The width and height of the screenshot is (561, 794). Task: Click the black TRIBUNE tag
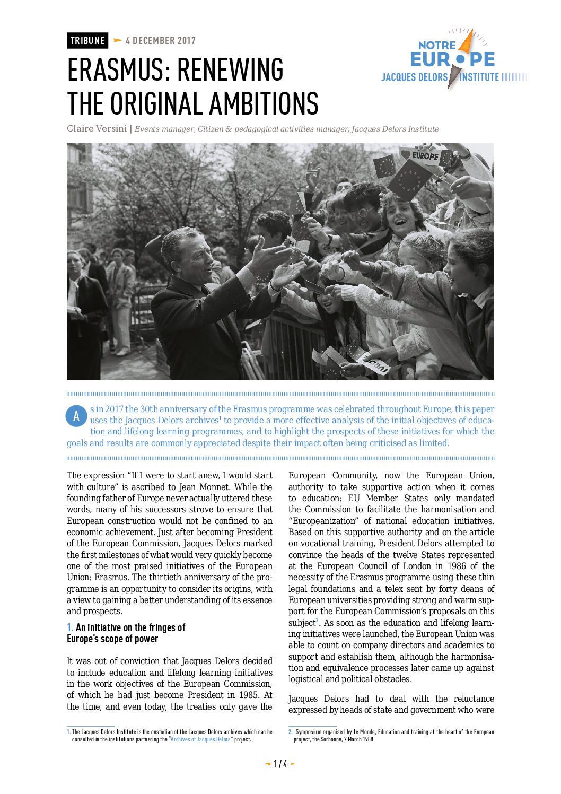click(87, 41)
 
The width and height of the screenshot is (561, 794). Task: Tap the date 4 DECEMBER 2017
click(160, 41)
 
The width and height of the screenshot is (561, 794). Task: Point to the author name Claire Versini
click(97, 129)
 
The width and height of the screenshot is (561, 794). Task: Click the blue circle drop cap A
click(76, 416)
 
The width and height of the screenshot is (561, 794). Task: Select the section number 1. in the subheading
click(70, 628)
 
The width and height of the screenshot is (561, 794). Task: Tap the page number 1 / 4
click(280, 764)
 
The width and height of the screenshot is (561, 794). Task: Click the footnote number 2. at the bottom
click(291, 732)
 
